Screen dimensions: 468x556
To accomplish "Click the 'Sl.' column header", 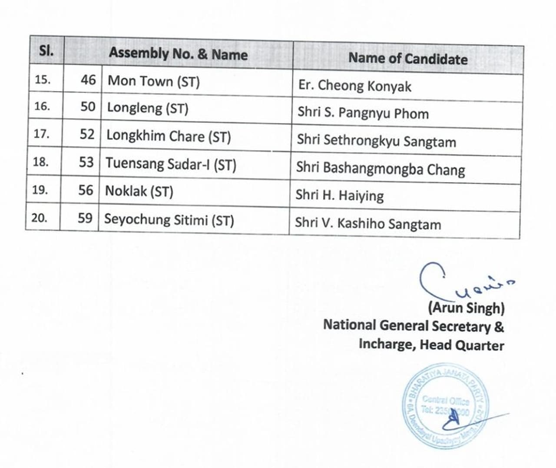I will coord(46,51).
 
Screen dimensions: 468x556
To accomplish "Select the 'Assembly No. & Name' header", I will coord(178,54).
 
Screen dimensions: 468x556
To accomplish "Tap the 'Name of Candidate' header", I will coord(408,59).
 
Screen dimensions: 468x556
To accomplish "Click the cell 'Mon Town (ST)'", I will coord(154,81).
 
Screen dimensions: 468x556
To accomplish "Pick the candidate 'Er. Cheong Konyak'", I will coord(354,86).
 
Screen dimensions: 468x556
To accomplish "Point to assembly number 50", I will coord(88,107).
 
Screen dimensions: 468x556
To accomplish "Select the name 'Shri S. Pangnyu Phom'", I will coord(363,113).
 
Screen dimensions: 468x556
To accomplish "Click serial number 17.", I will coord(41,134).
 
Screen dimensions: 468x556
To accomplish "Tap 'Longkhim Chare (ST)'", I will coord(169,136).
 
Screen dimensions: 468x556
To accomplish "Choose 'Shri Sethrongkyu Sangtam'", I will coord(376,141).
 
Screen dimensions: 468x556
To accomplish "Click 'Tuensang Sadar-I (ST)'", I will coord(171,164).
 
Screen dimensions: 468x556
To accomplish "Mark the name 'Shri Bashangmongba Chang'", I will coord(380,169).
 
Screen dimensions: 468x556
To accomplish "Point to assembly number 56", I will coord(86,190).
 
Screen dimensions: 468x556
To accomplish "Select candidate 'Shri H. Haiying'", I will coord(339,196).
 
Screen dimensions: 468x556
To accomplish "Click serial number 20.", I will coord(39,218).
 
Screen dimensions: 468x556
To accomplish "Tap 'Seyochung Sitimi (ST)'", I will coord(169,220).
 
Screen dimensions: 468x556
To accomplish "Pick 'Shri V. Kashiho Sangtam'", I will coord(367,224).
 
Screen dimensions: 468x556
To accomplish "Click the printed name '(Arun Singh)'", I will coord(466,308).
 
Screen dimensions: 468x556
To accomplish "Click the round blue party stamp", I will coord(446,405).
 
